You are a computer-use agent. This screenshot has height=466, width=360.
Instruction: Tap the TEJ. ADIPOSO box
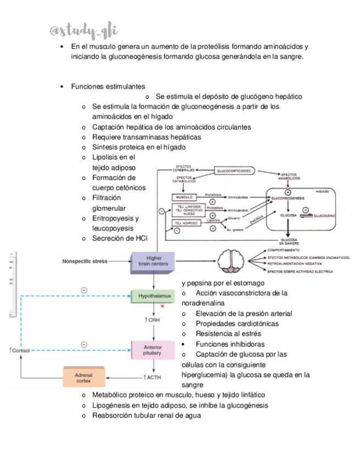tap(185, 223)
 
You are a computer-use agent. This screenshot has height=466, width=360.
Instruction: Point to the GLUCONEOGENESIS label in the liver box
tap(287, 198)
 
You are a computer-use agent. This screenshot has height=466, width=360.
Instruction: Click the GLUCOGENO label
tap(324, 216)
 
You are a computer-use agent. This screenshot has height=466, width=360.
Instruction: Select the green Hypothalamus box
tap(151, 296)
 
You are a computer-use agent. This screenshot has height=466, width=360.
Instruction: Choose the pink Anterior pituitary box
tap(152, 349)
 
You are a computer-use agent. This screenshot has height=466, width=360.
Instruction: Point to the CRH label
tap(153, 320)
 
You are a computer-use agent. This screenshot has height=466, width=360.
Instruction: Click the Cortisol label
tap(19, 349)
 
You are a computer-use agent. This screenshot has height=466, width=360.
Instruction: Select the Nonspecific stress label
tap(85, 261)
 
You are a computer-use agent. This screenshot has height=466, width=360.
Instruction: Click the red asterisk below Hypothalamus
tap(163, 306)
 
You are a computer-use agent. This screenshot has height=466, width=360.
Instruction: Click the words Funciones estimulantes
tap(108, 86)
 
